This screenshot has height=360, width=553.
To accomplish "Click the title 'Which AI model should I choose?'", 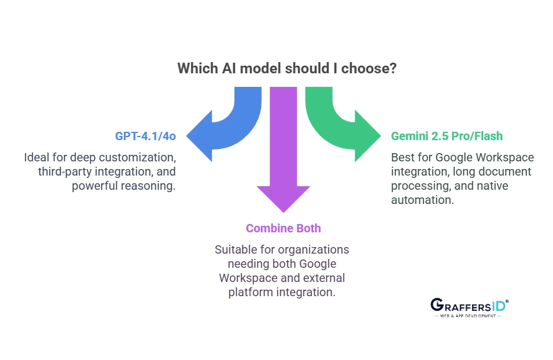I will pyautogui.click(x=287, y=68).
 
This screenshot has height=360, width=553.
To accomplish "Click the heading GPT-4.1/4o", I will pyautogui.click(x=145, y=136).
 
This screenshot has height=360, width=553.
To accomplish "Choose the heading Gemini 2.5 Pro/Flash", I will pyautogui.click(x=447, y=136).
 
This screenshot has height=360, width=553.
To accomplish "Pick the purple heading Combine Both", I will pyautogui.click(x=284, y=228).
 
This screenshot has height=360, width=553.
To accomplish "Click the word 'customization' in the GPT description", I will pyautogui.click(x=142, y=158).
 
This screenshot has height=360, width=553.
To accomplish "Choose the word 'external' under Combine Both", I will pyautogui.click(x=325, y=277).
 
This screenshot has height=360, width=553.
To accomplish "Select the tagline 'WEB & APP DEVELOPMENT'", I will pyautogui.click(x=470, y=316).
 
